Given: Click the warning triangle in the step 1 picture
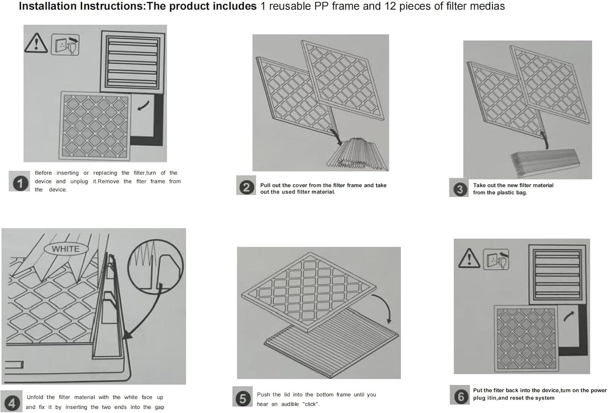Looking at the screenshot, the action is (x=36, y=43).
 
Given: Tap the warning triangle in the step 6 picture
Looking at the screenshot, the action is (x=469, y=258).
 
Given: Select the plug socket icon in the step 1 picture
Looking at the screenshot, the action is (x=65, y=45).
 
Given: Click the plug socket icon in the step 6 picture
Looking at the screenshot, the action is (x=496, y=259).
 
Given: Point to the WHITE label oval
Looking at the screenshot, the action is (x=66, y=249).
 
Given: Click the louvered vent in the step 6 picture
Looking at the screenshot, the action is (x=557, y=275).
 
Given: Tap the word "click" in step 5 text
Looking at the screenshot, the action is (x=310, y=404).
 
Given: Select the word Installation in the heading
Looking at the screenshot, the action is (x=48, y=6).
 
